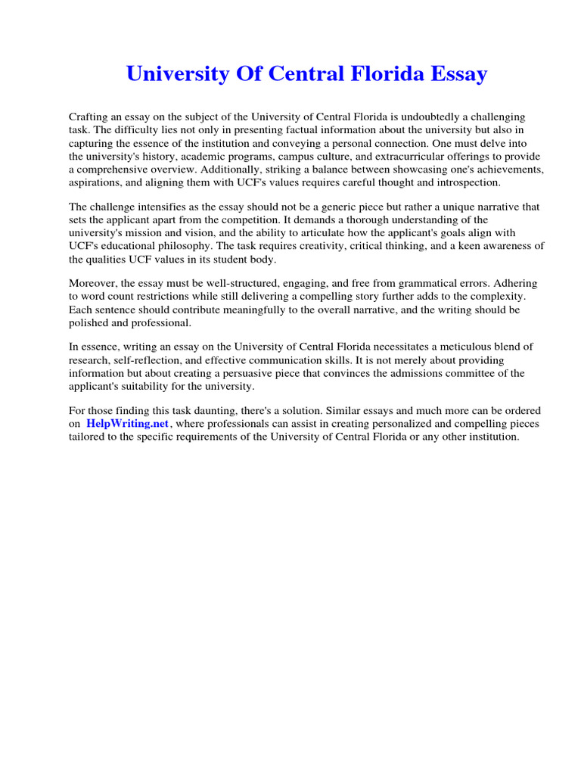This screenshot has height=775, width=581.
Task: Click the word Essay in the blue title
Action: tap(454, 74)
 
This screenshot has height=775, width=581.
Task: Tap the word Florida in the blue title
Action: tap(373, 74)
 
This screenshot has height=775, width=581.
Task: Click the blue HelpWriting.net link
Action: tap(128, 424)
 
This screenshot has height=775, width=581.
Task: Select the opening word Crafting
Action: tap(89, 117)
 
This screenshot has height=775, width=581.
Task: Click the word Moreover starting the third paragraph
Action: tap(93, 283)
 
